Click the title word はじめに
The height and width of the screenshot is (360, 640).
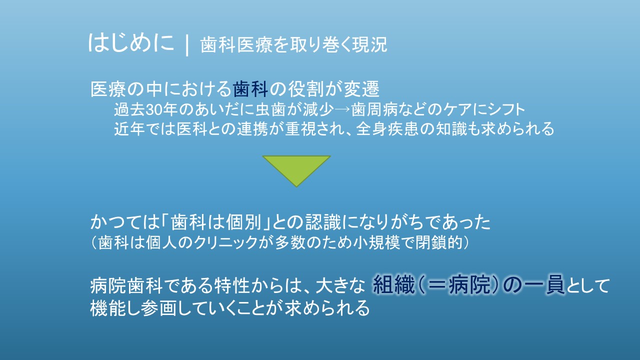point(131,43)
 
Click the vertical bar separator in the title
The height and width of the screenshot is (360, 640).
point(187,45)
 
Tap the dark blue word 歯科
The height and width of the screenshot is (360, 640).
point(250,89)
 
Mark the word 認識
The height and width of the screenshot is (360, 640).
point(323,222)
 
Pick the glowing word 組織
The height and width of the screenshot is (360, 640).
point(394,284)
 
